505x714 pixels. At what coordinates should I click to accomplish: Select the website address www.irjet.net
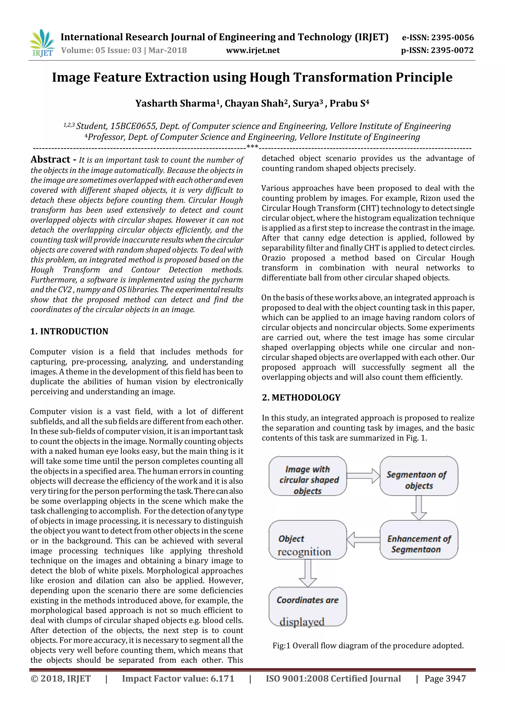pos(253,50)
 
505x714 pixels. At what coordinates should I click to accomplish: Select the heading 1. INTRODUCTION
pos(69,331)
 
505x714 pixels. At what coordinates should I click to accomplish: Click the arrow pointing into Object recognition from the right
pos(363,540)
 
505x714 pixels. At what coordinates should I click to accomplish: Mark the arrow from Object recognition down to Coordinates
pos(307,573)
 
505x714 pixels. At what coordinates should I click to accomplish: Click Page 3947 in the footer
pos(445,678)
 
